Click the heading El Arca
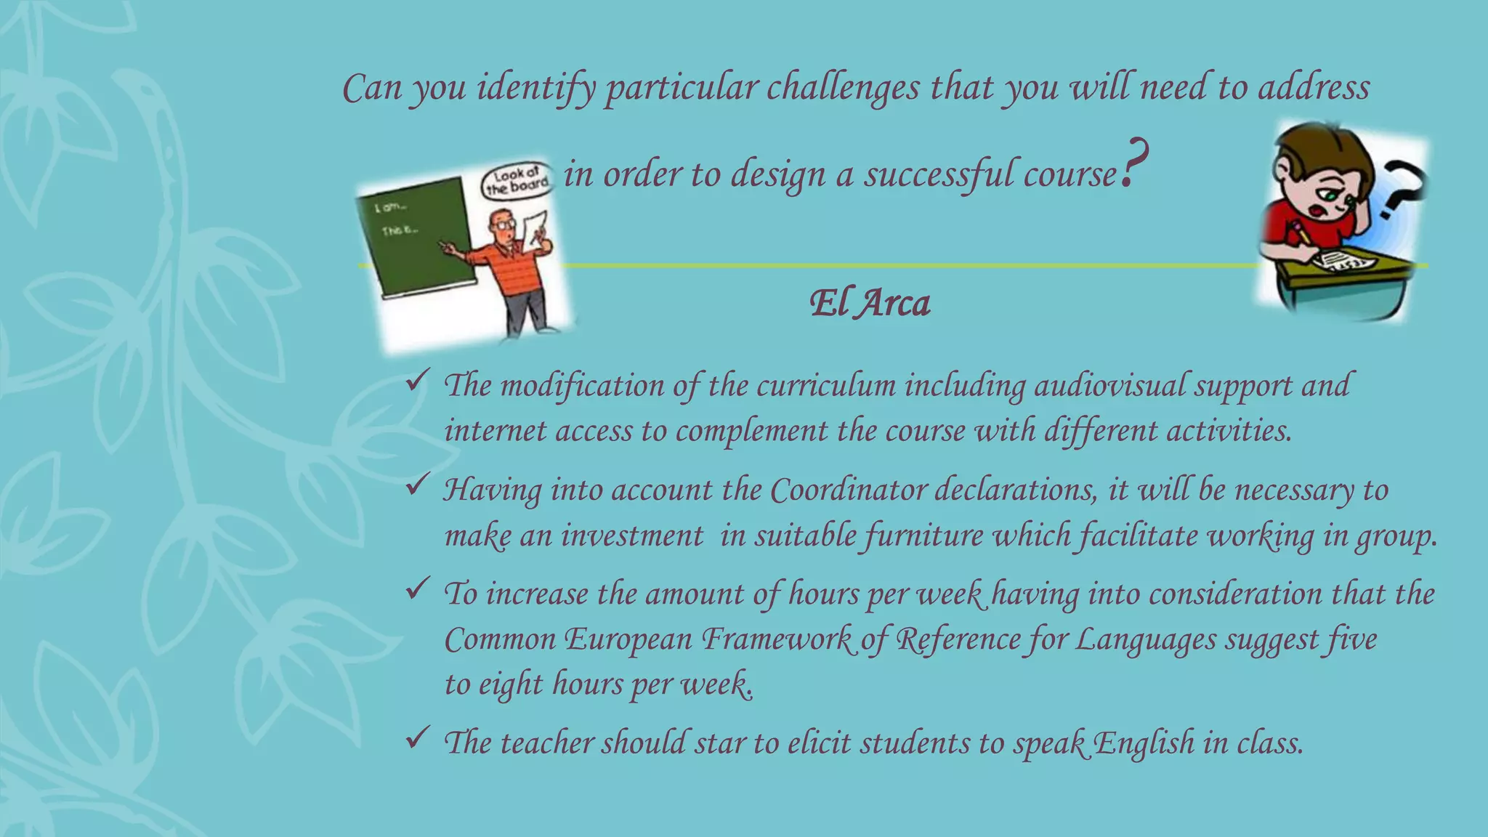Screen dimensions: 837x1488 coord(870,303)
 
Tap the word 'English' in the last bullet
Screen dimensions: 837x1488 coord(1143,743)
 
